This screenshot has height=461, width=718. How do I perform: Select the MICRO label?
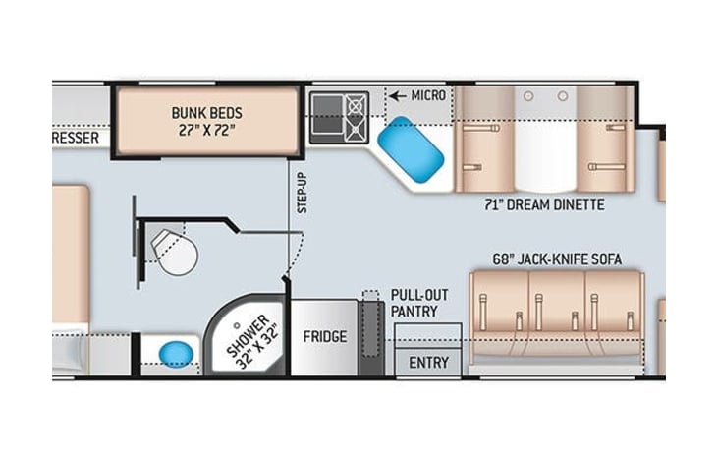(427, 95)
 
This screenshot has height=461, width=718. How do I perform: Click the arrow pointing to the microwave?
(397, 95)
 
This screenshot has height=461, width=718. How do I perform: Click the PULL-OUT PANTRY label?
(414, 303)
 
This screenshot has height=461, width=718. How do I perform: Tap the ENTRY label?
(428, 363)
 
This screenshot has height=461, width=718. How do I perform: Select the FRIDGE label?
(324, 337)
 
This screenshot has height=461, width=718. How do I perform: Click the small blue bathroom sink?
(176, 351)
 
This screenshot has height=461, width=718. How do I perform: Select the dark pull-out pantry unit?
(370, 334)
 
